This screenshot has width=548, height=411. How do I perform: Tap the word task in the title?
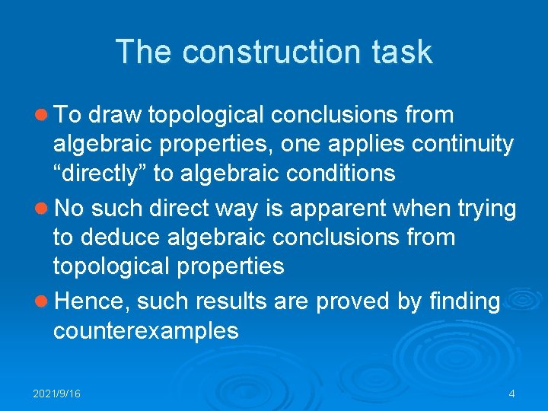click(405, 52)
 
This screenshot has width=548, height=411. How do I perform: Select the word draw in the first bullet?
click(116, 115)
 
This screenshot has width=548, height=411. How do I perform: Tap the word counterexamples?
click(145, 331)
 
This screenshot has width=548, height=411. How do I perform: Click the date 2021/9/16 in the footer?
click(57, 393)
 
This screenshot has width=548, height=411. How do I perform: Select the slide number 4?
click(511, 393)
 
